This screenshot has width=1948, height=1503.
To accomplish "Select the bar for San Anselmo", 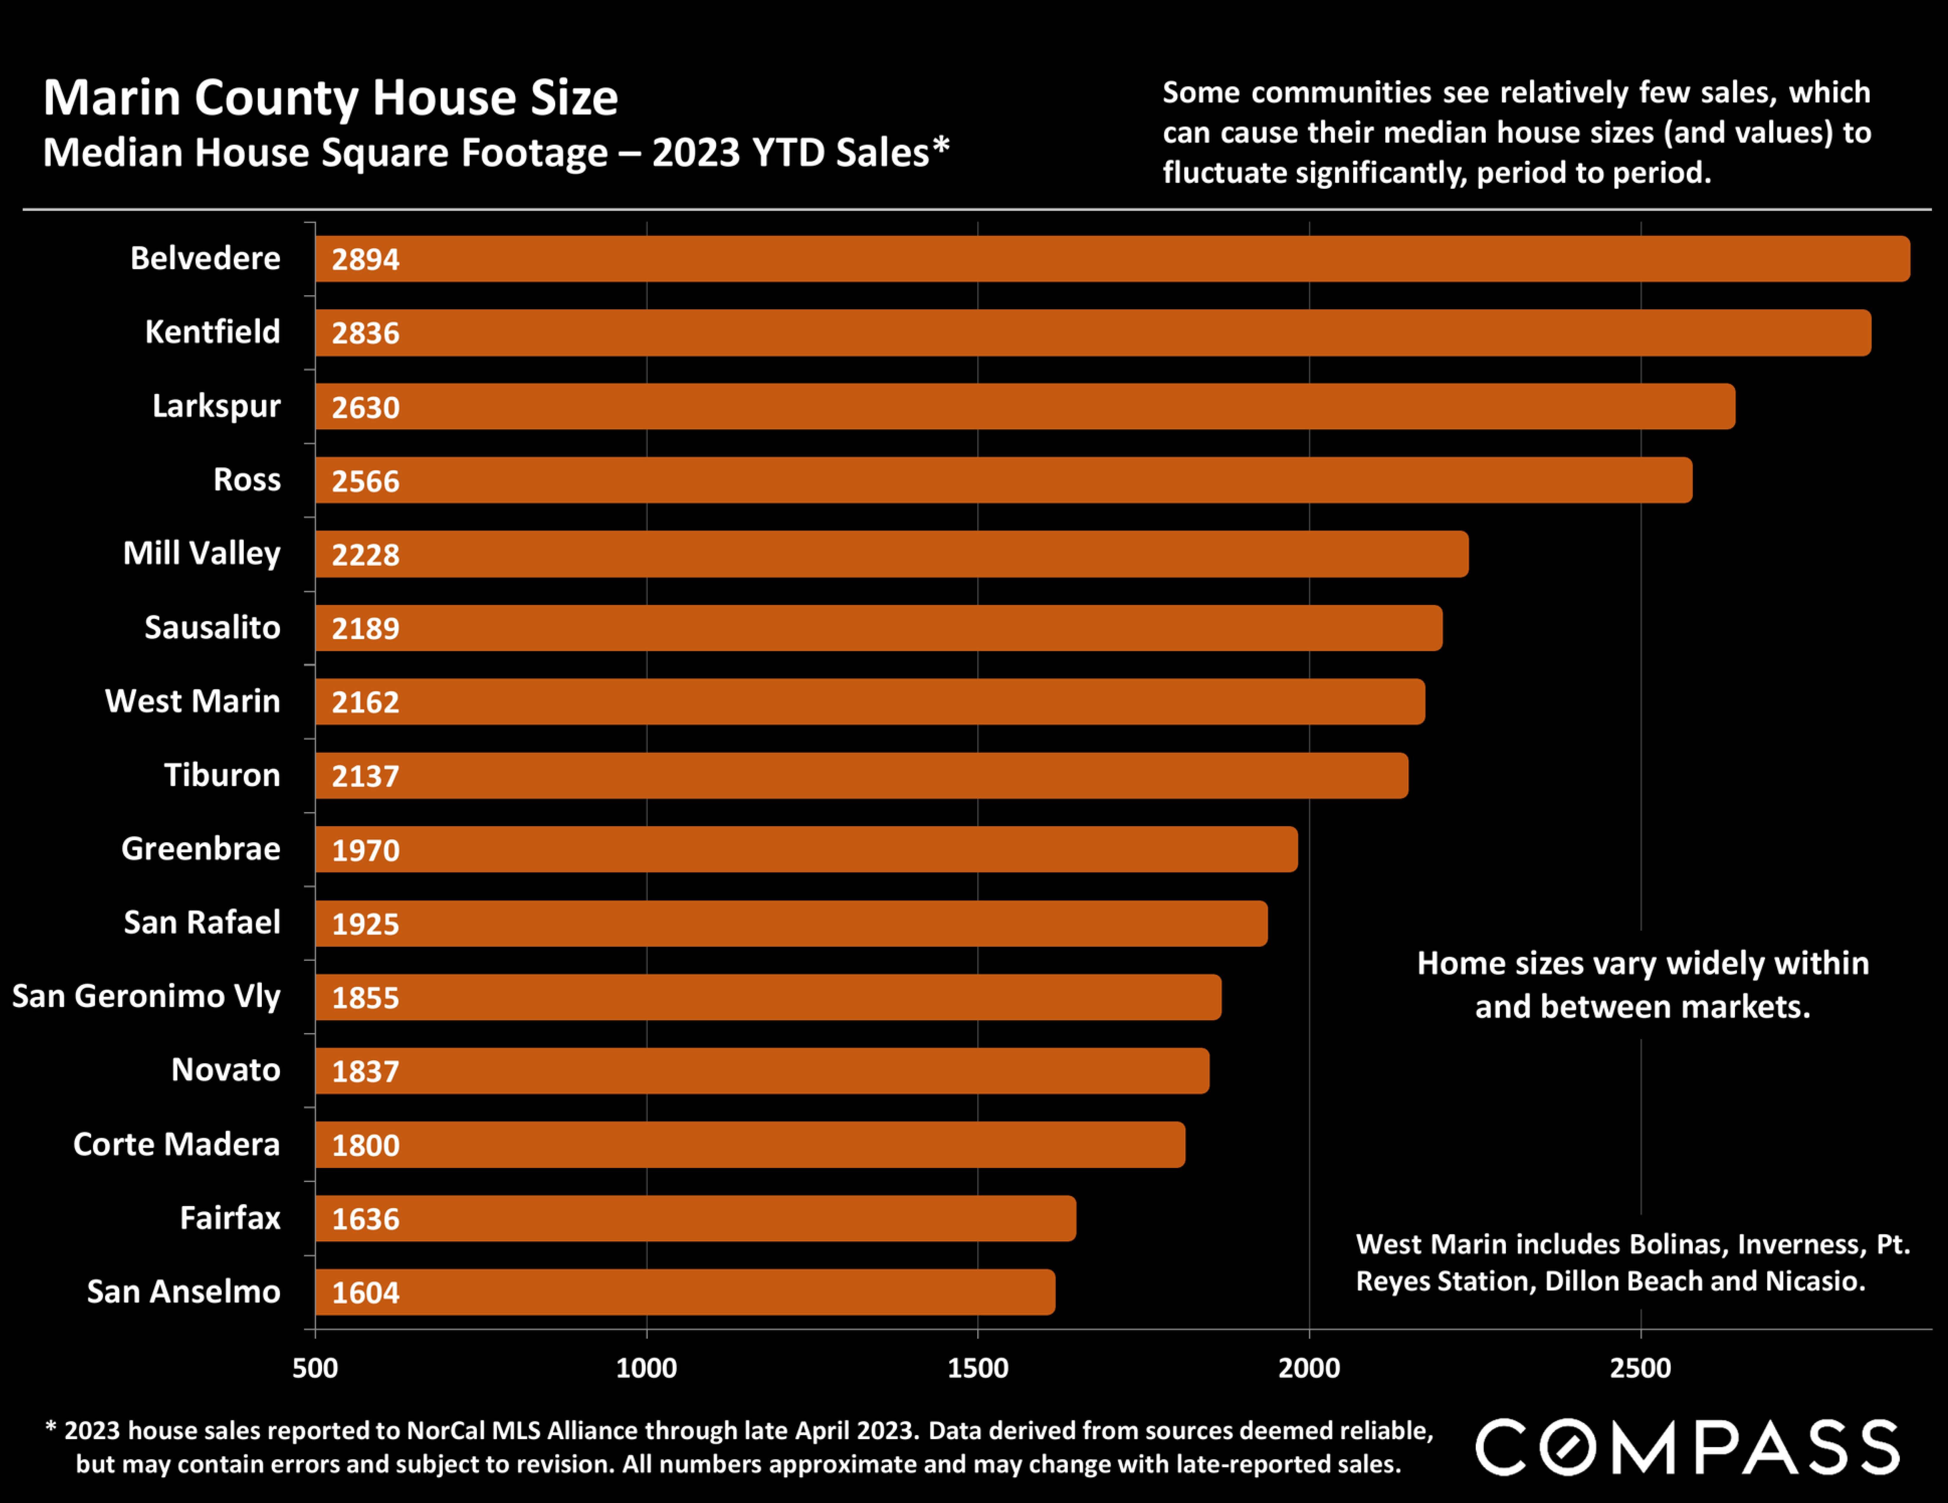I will pyautogui.click(x=685, y=1292).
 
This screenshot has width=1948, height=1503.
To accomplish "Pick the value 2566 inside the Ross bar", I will pyautogui.click(x=366, y=482).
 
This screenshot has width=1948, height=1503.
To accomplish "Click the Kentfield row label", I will pyautogui.click(x=212, y=332).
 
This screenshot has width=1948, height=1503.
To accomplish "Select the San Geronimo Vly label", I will pyautogui.click(x=146, y=996).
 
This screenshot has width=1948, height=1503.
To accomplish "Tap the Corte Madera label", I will pyautogui.click(x=177, y=1144).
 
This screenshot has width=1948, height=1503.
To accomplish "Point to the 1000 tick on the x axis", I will pyautogui.click(x=647, y=1367).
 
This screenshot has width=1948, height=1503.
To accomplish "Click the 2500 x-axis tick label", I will pyautogui.click(x=1640, y=1367).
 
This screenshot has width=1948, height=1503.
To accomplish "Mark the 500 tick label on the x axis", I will pyautogui.click(x=315, y=1367).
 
